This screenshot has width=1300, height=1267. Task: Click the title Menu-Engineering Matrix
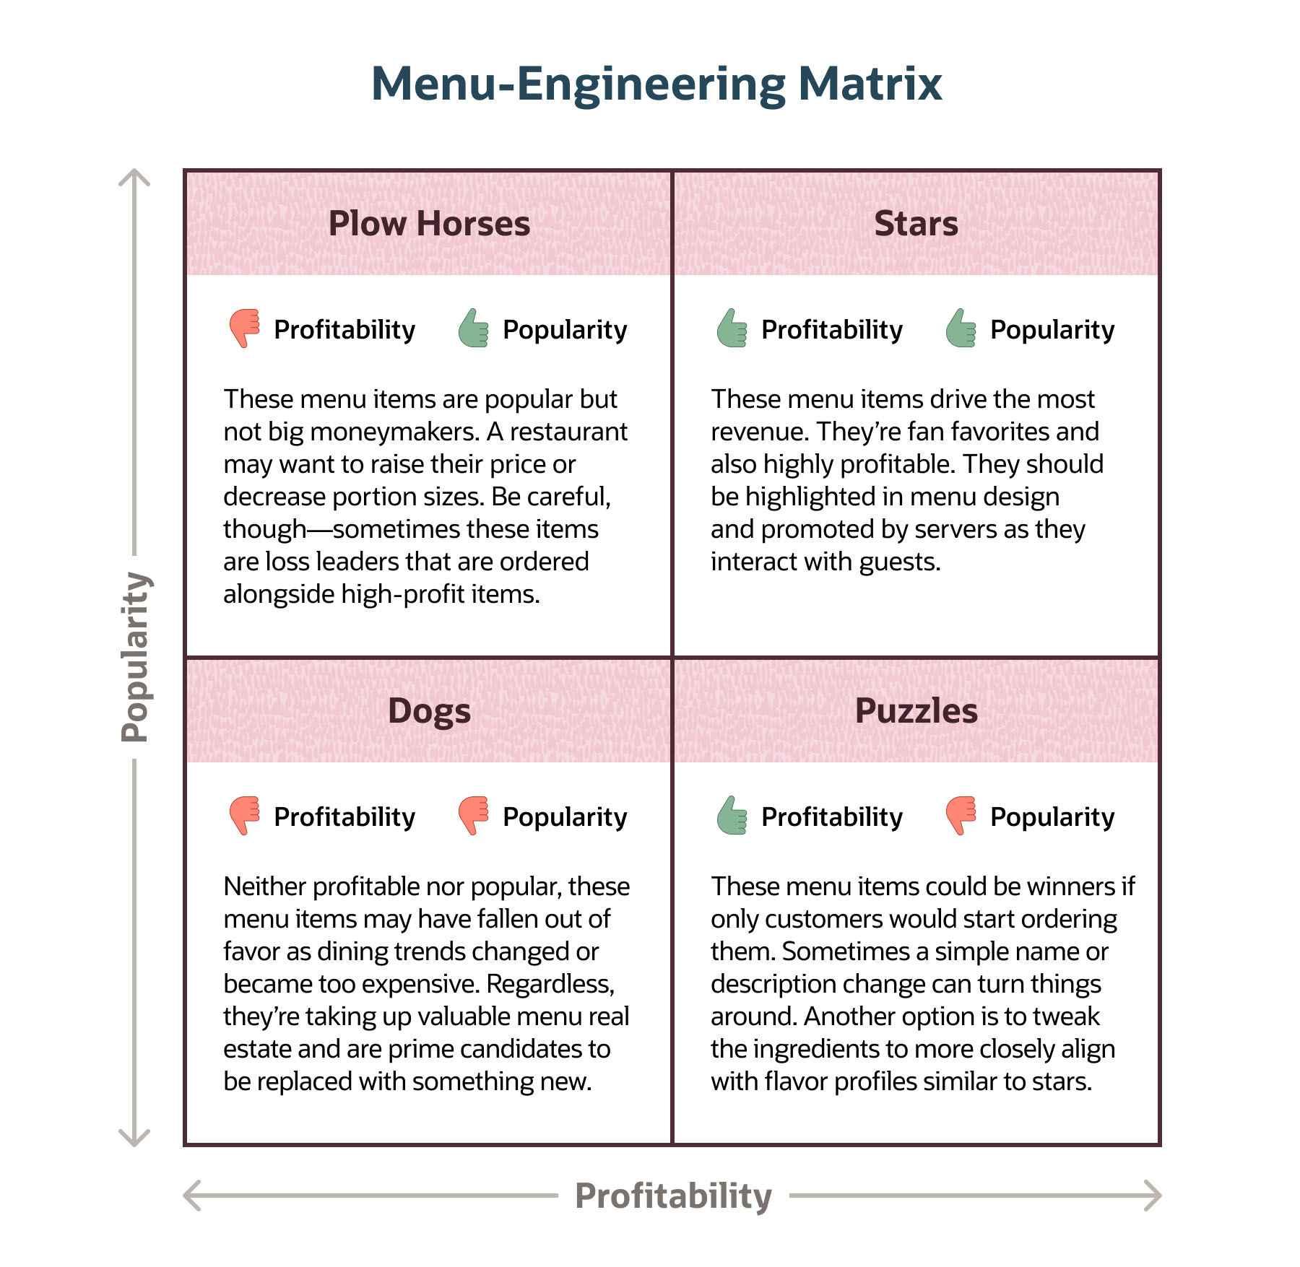(656, 84)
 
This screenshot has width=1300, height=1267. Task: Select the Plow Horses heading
(429, 223)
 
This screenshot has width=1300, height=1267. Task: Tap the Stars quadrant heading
(916, 223)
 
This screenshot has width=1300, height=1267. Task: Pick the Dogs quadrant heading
(429, 710)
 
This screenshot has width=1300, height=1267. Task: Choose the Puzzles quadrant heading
(916, 710)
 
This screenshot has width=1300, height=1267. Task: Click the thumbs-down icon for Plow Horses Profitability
(244, 328)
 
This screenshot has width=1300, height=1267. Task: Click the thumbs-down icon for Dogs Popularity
(473, 816)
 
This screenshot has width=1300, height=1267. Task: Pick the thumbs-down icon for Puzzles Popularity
(961, 816)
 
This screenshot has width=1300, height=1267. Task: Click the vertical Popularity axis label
(135, 657)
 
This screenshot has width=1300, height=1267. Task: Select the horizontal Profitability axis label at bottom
(673, 1196)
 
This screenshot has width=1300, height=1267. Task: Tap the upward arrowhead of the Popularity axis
(134, 177)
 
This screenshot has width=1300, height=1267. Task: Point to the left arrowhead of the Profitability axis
(191, 1196)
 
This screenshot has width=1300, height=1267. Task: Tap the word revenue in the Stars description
(760, 432)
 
